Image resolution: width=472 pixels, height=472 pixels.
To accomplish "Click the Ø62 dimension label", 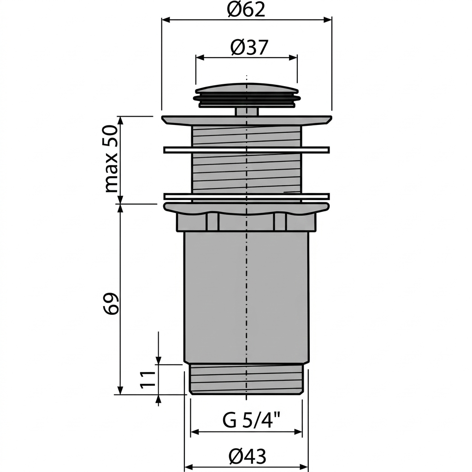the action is point(246,10).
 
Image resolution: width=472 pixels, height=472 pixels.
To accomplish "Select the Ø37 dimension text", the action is point(249,47).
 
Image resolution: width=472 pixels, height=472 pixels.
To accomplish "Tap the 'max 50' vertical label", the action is point(110,159).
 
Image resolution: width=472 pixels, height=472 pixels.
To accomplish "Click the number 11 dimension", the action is point(147,379).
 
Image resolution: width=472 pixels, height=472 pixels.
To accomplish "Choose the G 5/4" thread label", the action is point(252,420).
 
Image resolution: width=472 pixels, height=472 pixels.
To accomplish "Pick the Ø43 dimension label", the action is point(247,457).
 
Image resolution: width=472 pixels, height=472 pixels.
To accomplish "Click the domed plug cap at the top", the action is point(247,94).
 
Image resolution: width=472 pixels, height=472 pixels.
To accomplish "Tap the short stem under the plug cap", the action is point(247,112).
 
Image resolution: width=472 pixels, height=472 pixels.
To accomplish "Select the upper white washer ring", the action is point(247,150).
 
